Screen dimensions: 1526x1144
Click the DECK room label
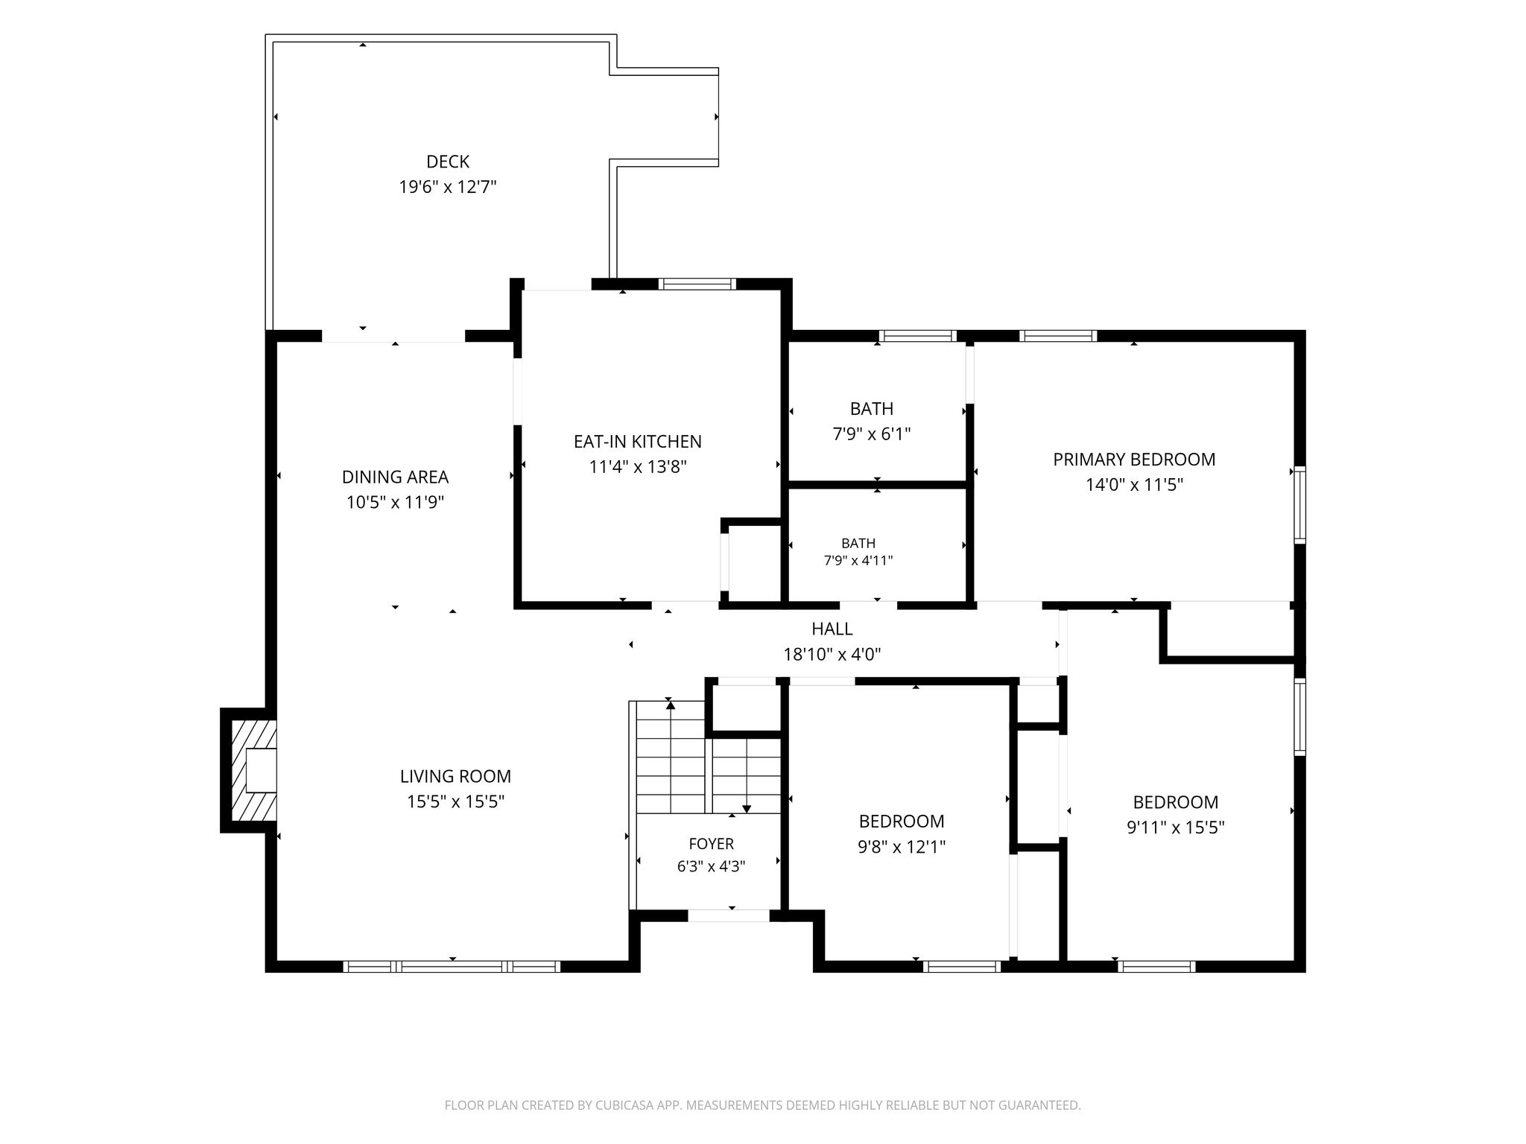[x=448, y=162]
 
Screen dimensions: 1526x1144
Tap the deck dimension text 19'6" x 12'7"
[x=448, y=187]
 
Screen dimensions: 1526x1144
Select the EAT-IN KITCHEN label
[x=638, y=442]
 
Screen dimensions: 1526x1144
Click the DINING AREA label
[x=395, y=477]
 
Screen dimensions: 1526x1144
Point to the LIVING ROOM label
[x=455, y=776]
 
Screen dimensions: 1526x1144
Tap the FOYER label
[x=712, y=844]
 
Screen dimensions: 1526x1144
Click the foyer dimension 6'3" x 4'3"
[x=712, y=867]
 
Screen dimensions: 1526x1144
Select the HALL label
[x=832, y=629]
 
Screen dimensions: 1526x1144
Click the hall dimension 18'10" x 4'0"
[x=832, y=655]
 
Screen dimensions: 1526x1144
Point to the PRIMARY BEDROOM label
[x=1134, y=460]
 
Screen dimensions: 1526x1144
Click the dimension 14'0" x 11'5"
[x=1134, y=485]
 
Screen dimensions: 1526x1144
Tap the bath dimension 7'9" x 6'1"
[x=872, y=433]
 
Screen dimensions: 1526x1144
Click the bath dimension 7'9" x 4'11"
[x=858, y=561]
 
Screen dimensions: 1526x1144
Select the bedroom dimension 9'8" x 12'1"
[x=902, y=847]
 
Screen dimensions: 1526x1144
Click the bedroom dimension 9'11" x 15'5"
[x=1176, y=827]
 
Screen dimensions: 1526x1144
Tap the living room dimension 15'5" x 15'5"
[x=455, y=802]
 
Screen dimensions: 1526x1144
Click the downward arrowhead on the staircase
[x=747, y=809]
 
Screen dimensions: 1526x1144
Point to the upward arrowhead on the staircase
[x=671, y=705]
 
